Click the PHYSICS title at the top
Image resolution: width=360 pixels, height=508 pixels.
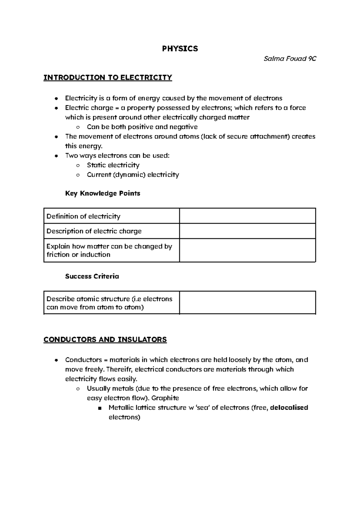180,49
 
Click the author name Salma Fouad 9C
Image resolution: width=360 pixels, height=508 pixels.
290,59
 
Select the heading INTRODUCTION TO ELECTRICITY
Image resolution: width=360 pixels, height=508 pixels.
108,78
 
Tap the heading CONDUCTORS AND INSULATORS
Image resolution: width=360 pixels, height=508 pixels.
105,339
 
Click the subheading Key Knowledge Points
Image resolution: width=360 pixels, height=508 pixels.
103,193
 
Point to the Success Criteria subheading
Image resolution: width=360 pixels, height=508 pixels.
92,276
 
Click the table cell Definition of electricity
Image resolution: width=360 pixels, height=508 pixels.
83,216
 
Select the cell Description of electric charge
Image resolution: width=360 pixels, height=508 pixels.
94,231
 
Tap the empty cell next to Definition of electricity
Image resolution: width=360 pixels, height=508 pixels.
247,216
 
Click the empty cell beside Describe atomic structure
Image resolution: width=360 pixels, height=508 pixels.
247,303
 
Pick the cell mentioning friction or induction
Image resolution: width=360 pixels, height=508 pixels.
109,250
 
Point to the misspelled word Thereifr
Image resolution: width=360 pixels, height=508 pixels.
120,369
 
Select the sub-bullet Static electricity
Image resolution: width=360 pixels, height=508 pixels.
113,165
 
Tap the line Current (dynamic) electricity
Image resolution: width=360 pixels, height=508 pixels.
133,175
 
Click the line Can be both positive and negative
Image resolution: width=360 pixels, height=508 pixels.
142,127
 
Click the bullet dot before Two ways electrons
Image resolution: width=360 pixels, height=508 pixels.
56,156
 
